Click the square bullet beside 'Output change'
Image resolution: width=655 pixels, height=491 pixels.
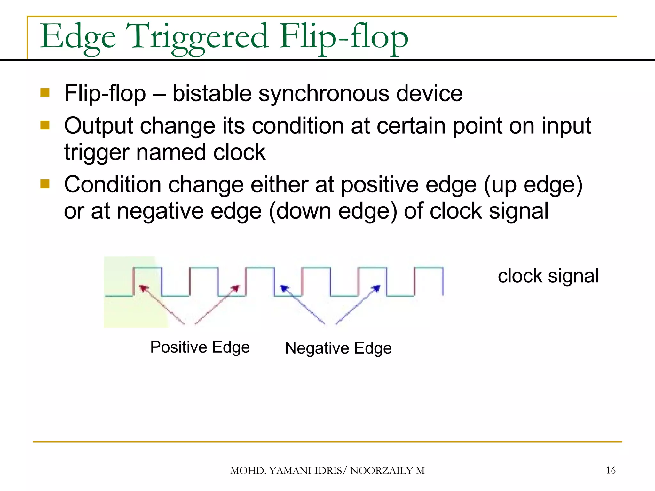45,125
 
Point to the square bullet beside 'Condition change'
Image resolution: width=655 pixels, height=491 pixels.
45,184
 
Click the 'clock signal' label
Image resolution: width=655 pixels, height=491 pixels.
548,276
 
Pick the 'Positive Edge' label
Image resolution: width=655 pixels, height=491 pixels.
200,347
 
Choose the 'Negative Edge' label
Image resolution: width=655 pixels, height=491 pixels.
338,348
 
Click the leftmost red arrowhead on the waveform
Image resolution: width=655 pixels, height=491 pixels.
143,288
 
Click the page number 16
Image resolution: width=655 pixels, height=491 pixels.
611,470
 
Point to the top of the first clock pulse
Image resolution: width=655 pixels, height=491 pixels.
147,268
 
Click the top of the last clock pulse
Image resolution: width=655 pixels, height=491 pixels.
429,268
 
